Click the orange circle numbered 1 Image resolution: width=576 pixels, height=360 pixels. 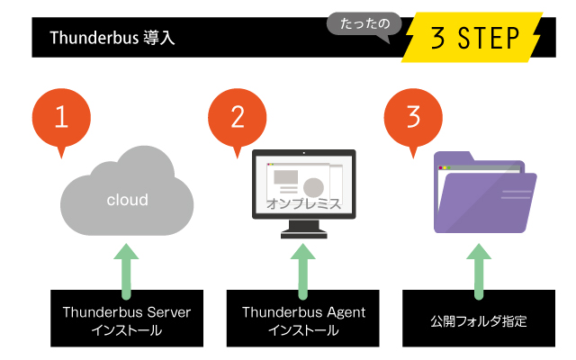[x=61, y=118]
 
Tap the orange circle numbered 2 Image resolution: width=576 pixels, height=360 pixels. [x=238, y=118]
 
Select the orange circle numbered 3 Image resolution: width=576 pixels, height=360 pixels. [x=413, y=118]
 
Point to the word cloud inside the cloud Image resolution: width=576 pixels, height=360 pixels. [x=127, y=200]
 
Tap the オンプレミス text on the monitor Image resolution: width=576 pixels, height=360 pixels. [x=303, y=204]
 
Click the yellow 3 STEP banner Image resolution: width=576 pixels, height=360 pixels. [x=473, y=38]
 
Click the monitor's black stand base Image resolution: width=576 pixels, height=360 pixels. [x=303, y=234]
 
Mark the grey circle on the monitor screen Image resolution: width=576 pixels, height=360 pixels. [x=313, y=187]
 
